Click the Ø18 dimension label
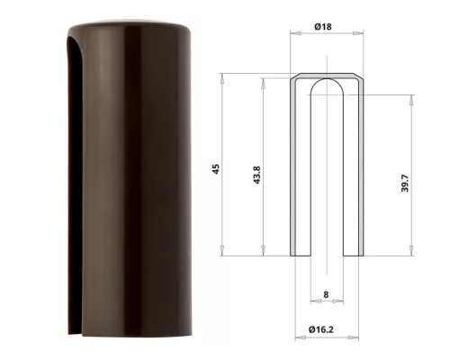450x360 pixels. tap(325, 27)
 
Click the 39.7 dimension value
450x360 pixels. tap(406, 184)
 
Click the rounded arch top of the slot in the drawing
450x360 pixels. tap(325, 85)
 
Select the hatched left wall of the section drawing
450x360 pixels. tap(295, 171)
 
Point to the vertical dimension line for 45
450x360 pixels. tap(224, 117)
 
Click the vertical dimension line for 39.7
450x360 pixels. tap(413, 135)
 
